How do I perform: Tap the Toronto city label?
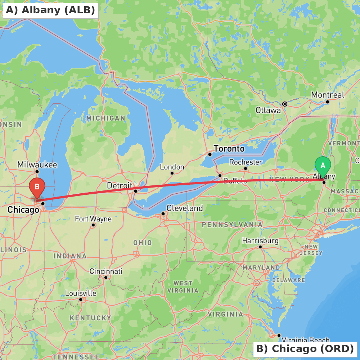click(x=229, y=149)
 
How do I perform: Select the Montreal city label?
click(x=328, y=95)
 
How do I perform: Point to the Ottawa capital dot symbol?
click(x=285, y=104)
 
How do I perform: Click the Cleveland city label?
click(x=185, y=208)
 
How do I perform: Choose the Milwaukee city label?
click(x=37, y=165)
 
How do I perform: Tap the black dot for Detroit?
click(x=136, y=191)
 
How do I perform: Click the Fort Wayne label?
click(x=93, y=219)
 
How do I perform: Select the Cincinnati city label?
click(x=106, y=271)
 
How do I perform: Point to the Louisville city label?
click(x=81, y=293)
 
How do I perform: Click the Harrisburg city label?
click(x=260, y=240)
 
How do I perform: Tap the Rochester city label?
click(x=246, y=162)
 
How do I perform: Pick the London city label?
click(x=172, y=167)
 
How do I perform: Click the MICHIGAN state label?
click(x=106, y=118)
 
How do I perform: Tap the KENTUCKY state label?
click(x=90, y=318)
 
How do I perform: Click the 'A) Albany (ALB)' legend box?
click(x=51, y=10)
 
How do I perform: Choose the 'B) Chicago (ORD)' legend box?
click(x=305, y=349)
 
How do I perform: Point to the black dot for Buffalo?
click(x=220, y=176)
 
